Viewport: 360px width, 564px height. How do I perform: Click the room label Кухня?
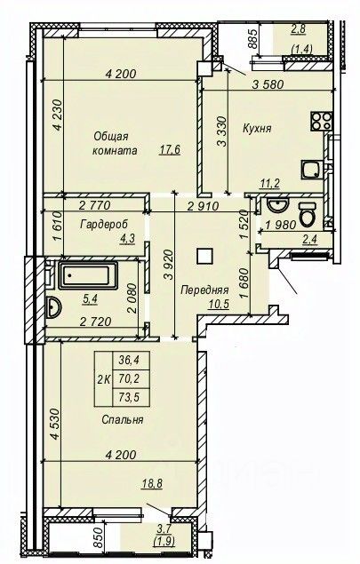pyautogui.click(x=257, y=129)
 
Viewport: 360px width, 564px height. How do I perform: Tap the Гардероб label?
pyautogui.click(x=104, y=224)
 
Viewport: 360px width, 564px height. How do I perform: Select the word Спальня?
pyautogui.click(x=123, y=419)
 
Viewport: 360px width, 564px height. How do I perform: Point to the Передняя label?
pyautogui.click(x=204, y=290)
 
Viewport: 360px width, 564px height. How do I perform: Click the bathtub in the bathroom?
pyautogui.click(x=88, y=275)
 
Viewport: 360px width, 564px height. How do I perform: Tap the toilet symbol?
pyautogui.click(x=308, y=214)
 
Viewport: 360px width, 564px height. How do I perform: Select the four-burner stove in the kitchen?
pyautogui.click(x=321, y=121)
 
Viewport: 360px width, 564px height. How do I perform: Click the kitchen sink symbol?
pyautogui.click(x=311, y=170)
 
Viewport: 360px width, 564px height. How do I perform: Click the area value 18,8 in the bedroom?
pyautogui.click(x=152, y=483)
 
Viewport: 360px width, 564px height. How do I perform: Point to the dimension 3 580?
pyautogui.click(x=268, y=85)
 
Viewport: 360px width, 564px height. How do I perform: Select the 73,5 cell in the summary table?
pyautogui.click(x=131, y=397)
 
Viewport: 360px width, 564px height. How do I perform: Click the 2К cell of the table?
pyautogui.click(x=104, y=378)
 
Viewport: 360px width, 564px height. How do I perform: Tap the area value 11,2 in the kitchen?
pyautogui.click(x=270, y=184)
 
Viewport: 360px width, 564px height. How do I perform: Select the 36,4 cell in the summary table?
pyautogui.click(x=131, y=360)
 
